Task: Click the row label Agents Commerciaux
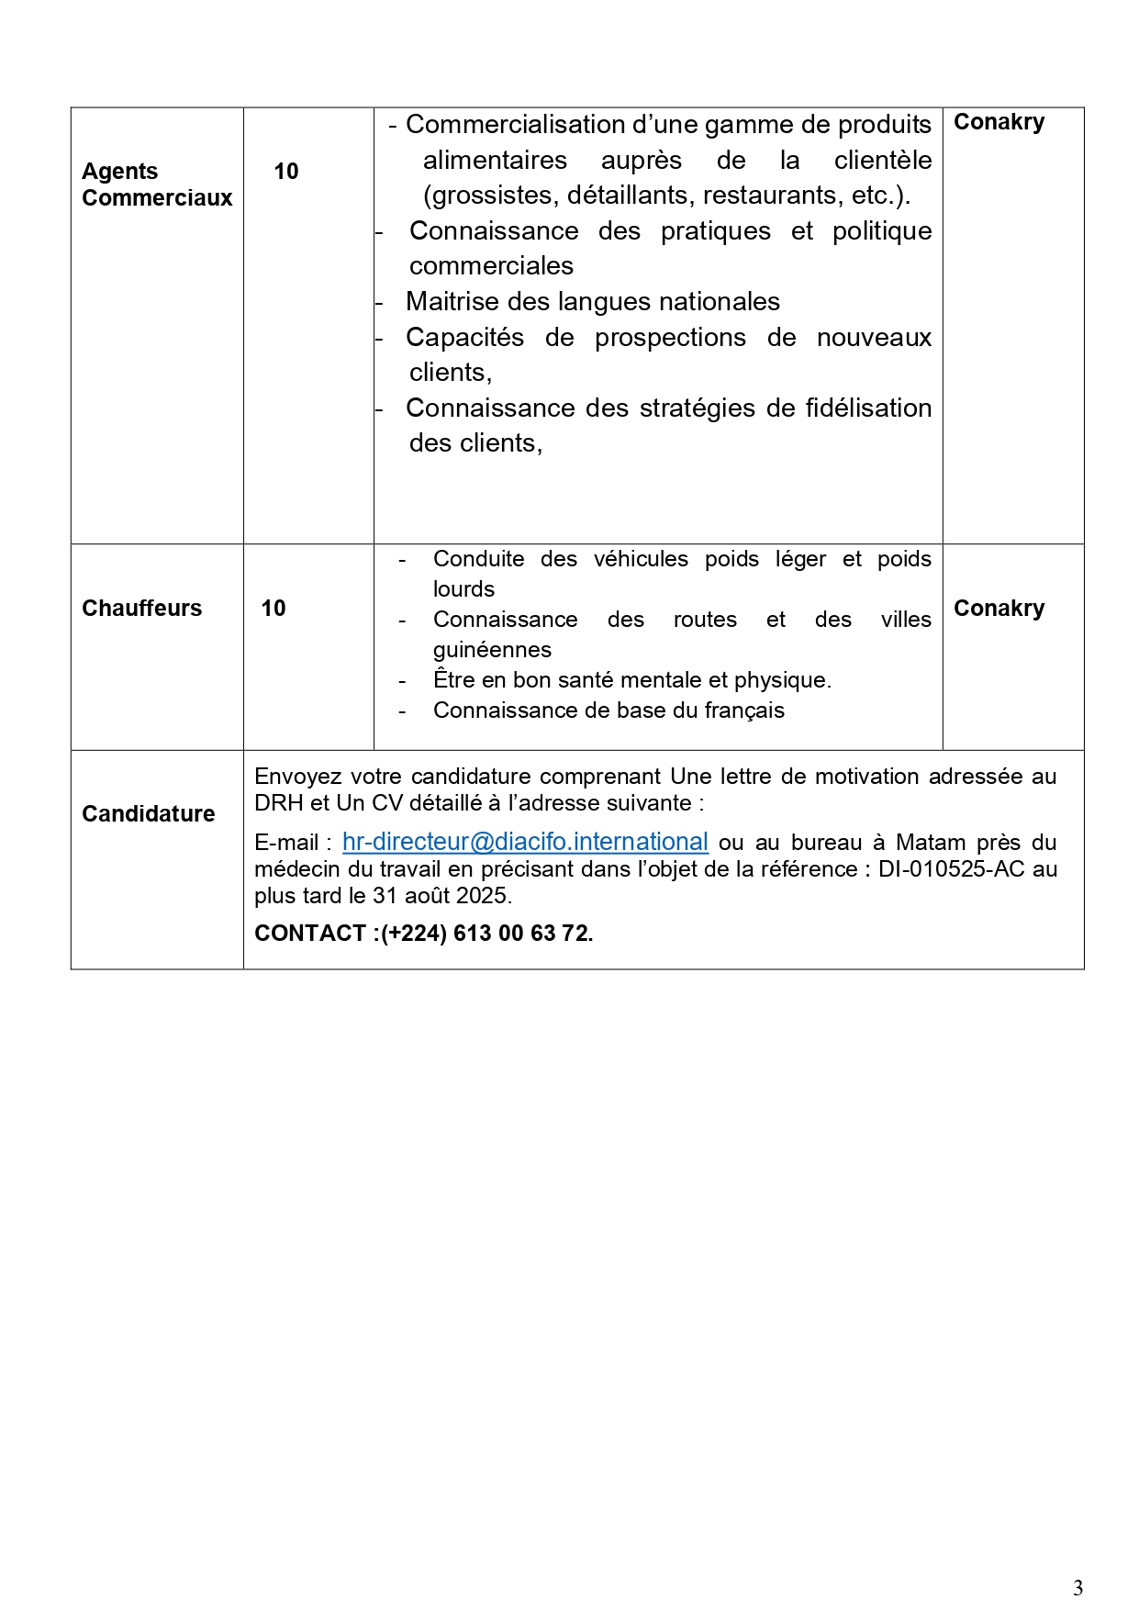coord(157,185)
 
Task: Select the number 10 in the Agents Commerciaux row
coord(286,172)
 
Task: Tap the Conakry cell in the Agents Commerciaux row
coord(999,122)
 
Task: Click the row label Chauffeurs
coord(141,609)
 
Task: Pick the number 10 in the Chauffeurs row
coord(274,609)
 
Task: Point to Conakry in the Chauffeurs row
coord(999,609)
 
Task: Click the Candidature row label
coord(148,814)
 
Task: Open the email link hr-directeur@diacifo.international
coord(525,842)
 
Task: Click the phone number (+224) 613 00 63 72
coord(487,934)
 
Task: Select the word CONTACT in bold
coord(311,934)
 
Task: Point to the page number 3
coord(1078,1587)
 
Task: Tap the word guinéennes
coord(492,650)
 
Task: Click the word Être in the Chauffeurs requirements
coord(451,680)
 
